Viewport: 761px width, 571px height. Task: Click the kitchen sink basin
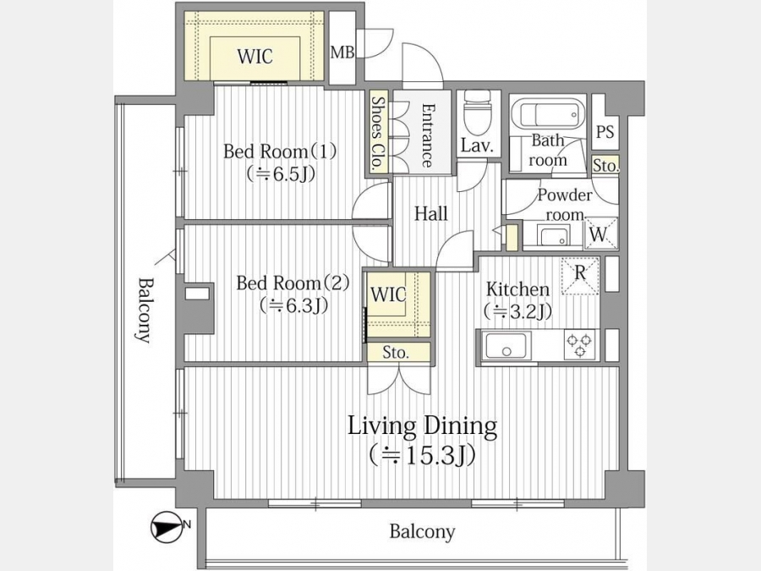pyautogui.click(x=506, y=345)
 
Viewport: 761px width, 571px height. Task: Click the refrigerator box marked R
pyautogui.click(x=580, y=275)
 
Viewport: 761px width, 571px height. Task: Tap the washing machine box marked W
pyautogui.click(x=599, y=233)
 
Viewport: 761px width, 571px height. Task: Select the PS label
pyautogui.click(x=605, y=131)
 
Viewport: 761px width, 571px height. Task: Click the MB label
pyautogui.click(x=342, y=52)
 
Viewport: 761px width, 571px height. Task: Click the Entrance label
pyautogui.click(x=427, y=135)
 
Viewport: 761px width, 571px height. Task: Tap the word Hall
pyautogui.click(x=430, y=213)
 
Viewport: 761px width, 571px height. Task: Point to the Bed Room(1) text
pyautogui.click(x=280, y=151)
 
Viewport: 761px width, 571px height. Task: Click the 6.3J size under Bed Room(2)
pyautogui.click(x=293, y=305)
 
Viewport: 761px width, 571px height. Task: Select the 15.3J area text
pyautogui.click(x=421, y=455)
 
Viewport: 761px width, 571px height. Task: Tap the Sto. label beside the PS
pyautogui.click(x=605, y=166)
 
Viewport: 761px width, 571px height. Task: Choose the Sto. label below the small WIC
pyautogui.click(x=395, y=352)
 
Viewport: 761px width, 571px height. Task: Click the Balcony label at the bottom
pyautogui.click(x=422, y=531)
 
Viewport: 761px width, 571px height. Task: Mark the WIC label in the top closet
pyautogui.click(x=255, y=57)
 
